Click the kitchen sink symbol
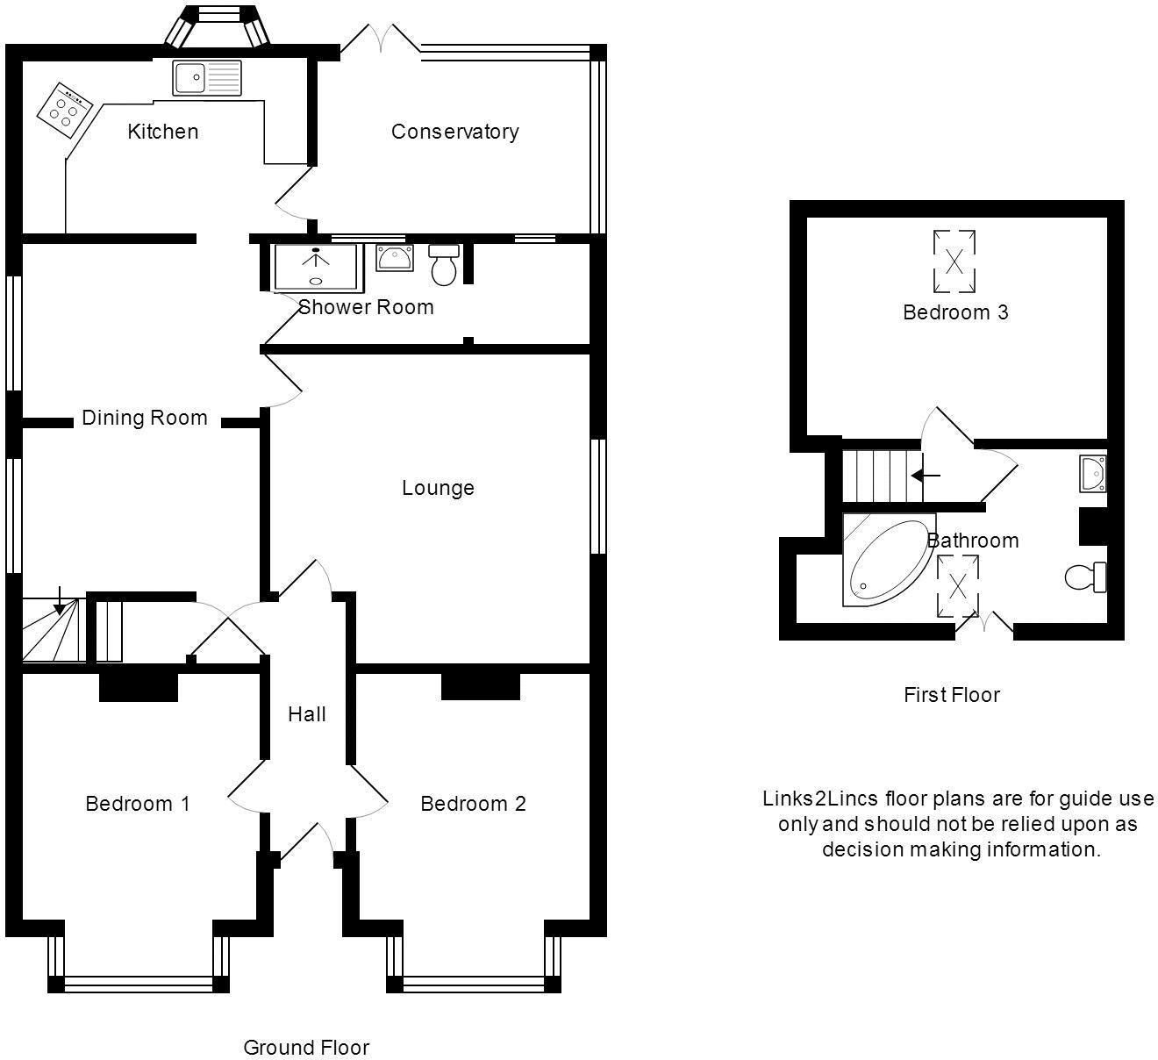click(x=206, y=77)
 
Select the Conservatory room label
click(x=454, y=132)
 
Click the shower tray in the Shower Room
click(x=316, y=267)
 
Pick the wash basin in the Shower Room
click(x=395, y=258)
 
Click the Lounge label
click(x=438, y=488)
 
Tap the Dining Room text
click(x=145, y=418)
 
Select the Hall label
click(x=307, y=714)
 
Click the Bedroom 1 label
click(x=138, y=804)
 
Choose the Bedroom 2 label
click(x=473, y=804)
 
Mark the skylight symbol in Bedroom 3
click(x=954, y=261)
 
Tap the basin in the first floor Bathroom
click(x=1092, y=474)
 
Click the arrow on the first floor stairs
click(x=926, y=476)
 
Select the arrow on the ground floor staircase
click(x=59, y=600)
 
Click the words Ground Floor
click(x=306, y=1048)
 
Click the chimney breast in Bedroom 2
click(x=480, y=685)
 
